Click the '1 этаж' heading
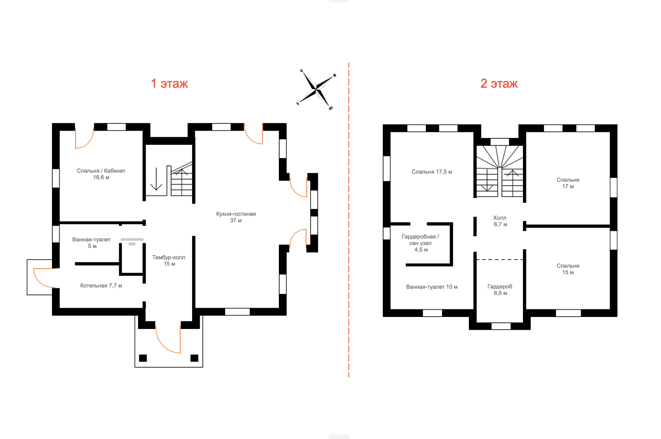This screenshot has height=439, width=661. [x=169, y=83]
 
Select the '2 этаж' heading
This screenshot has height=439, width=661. [x=499, y=83]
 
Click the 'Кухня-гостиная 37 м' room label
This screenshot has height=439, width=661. [x=236, y=217]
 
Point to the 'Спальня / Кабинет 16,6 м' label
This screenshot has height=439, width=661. [x=101, y=174]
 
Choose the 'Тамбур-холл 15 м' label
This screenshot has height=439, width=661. [x=169, y=260]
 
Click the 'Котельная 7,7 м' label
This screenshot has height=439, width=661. [x=101, y=286]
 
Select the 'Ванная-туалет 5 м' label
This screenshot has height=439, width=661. [x=92, y=242]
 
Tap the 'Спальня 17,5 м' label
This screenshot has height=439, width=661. [x=432, y=172]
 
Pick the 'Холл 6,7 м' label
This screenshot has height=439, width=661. [x=500, y=221]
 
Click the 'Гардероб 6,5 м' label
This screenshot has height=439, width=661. [x=500, y=290]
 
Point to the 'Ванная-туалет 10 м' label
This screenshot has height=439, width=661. [x=432, y=287]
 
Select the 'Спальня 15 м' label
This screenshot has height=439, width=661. [x=568, y=269]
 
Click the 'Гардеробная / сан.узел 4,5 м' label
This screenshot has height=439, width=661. [x=420, y=243]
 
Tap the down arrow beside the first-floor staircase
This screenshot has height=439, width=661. [x=156, y=179]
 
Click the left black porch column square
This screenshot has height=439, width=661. [x=143, y=358]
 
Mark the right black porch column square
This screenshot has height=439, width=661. [x=195, y=358]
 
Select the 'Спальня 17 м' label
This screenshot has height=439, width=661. [x=568, y=183]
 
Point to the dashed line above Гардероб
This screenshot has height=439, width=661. [x=500, y=259]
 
